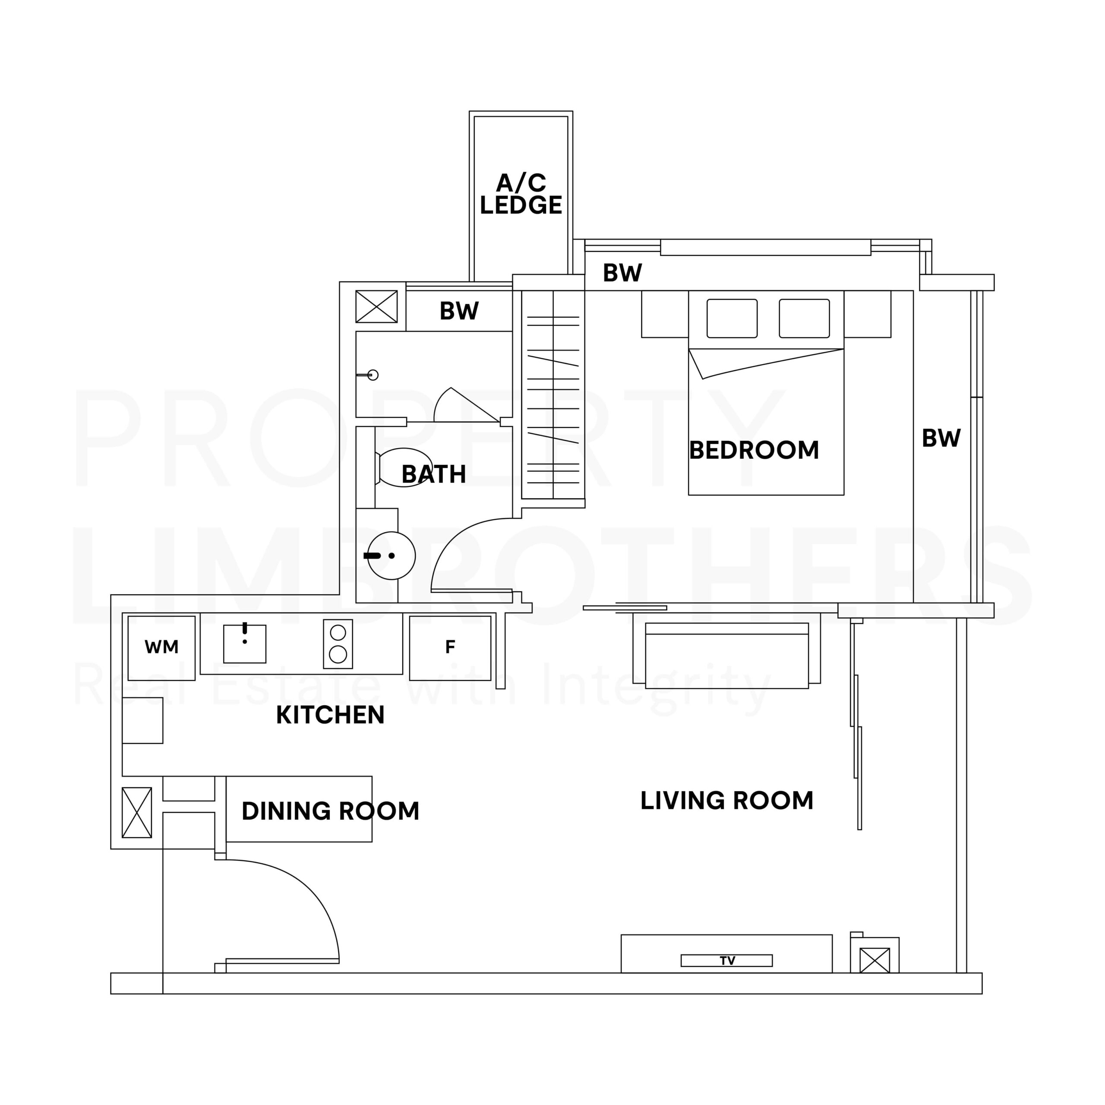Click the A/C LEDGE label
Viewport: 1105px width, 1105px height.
(521, 195)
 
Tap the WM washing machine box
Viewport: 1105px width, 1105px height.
(161, 648)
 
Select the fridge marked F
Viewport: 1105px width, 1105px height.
(450, 648)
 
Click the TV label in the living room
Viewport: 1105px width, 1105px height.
(727, 960)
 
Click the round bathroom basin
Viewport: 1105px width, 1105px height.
(391, 556)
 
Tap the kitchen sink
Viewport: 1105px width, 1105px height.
(245, 644)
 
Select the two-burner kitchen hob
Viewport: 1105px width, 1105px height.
(338, 644)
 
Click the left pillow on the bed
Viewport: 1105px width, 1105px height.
(732, 319)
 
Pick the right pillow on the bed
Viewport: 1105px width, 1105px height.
(804, 319)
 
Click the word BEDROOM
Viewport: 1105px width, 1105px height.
(754, 450)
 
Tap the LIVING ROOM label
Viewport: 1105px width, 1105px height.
(727, 800)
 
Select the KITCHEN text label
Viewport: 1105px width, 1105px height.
(330, 715)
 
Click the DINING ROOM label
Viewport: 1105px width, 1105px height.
(331, 811)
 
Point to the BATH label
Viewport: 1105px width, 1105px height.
(433, 474)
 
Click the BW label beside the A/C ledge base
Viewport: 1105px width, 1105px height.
(622, 273)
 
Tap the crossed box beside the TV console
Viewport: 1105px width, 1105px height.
(875, 960)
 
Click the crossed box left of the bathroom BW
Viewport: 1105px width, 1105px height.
(376, 306)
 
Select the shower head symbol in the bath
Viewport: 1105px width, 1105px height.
(369, 375)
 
